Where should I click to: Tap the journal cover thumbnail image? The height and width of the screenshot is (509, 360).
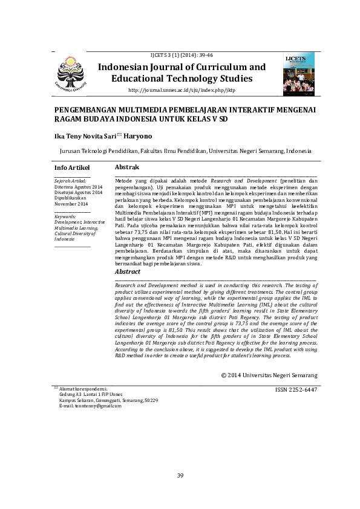299,74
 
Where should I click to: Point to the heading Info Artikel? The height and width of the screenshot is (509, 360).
71,167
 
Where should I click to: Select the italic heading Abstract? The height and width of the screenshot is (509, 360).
127,271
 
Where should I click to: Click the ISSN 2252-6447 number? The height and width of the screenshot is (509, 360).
296,390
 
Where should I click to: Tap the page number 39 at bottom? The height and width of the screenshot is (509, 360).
180,476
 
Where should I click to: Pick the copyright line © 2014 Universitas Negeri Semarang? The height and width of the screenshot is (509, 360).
269,375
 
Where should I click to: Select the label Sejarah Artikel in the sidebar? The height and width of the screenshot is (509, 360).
70,181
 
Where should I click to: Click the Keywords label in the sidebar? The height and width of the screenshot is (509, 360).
65,216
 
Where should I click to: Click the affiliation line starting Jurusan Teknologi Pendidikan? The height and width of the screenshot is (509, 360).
185,151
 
